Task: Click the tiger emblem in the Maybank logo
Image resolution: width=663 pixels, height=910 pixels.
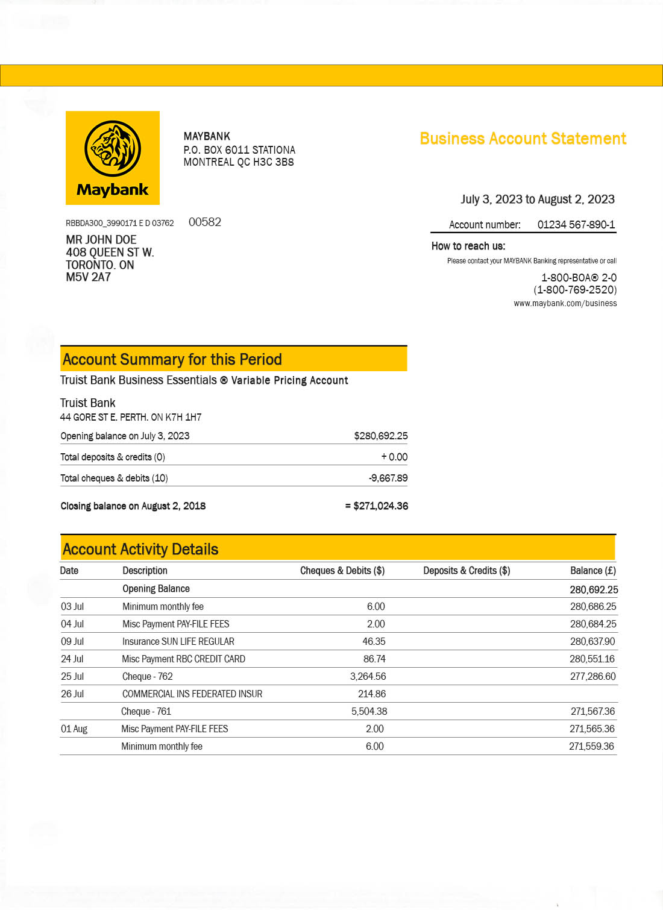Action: (113, 148)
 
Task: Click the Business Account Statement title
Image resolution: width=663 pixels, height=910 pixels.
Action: (523, 139)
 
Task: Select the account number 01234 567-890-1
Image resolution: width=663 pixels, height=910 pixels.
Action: (576, 225)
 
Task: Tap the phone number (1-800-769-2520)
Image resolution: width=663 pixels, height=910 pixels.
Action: (575, 290)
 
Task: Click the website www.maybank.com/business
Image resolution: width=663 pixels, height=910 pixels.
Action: (565, 304)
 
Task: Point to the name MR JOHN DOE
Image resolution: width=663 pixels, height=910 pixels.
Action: (101, 240)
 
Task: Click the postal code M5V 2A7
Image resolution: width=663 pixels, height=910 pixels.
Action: (89, 277)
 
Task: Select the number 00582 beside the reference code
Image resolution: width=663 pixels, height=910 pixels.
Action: (205, 222)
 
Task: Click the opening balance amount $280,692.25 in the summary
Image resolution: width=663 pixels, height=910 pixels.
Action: (380, 436)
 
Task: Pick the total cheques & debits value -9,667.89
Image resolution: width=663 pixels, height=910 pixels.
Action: (388, 478)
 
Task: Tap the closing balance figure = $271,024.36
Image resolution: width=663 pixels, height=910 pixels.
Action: (377, 506)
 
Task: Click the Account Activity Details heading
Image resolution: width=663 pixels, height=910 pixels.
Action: (140, 549)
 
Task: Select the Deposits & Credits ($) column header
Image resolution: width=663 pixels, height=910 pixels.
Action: (467, 571)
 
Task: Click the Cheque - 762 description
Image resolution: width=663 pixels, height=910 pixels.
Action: (148, 677)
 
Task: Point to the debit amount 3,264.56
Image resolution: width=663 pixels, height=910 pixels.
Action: (368, 677)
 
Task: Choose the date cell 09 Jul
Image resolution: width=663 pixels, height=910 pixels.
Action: (72, 642)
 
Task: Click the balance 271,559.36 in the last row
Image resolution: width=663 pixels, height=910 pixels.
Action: (591, 747)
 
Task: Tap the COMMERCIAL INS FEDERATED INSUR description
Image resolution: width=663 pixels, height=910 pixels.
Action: (192, 694)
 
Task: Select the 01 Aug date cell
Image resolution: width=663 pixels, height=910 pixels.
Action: (74, 729)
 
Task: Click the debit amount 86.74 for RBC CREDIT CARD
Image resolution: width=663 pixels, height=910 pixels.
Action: (374, 659)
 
